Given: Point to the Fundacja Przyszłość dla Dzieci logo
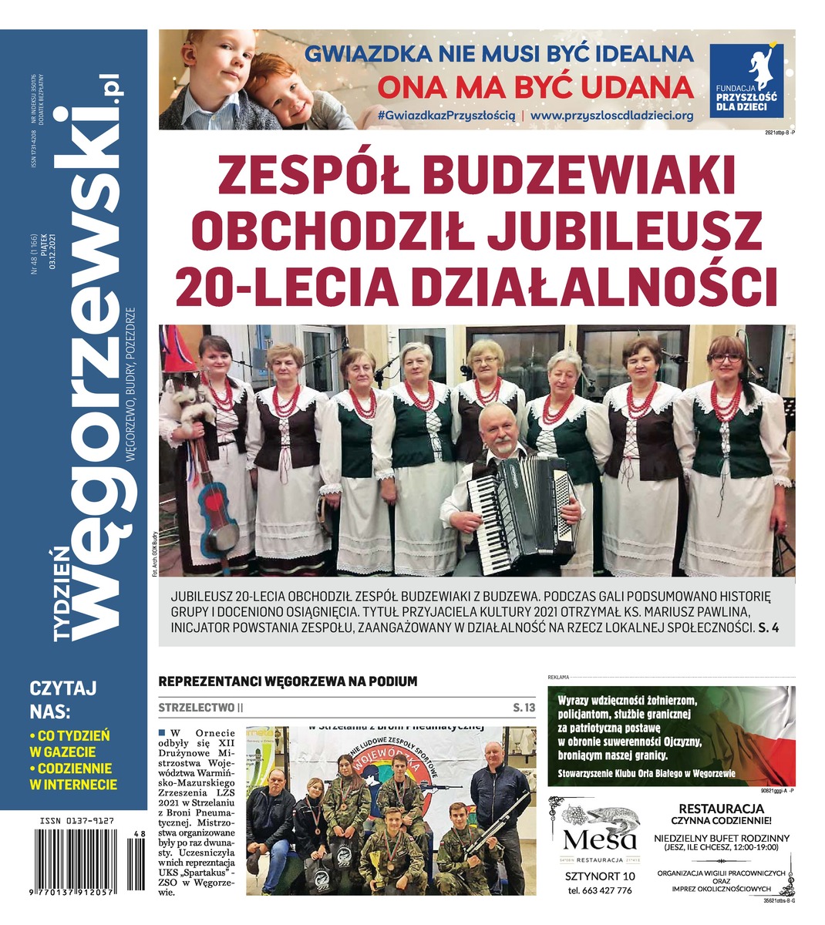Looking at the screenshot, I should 746,80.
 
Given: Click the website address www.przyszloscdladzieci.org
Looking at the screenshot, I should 612,115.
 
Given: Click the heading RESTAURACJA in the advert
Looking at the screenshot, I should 721,809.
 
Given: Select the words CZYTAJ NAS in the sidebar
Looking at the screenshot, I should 54,698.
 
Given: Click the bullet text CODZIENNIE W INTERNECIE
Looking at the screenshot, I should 74,776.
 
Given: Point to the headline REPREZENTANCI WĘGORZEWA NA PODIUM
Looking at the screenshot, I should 288,681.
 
